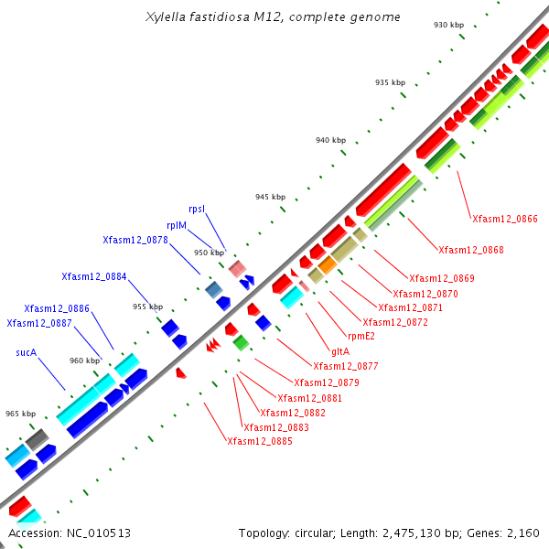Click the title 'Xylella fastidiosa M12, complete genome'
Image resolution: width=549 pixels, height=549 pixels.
[273, 17]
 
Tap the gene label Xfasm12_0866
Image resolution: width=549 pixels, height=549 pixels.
[504, 219]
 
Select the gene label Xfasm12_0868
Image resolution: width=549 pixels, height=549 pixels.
[470, 250]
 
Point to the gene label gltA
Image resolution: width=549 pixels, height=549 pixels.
[339, 351]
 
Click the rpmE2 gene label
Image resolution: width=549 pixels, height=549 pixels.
[361, 336]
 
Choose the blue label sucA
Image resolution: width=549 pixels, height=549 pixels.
[26, 351]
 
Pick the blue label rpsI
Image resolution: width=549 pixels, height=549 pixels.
[197, 209]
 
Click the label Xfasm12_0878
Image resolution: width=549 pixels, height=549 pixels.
[135, 240]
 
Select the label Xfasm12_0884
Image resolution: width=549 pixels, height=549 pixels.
[93, 276]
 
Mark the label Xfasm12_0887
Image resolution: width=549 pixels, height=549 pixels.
[38, 323]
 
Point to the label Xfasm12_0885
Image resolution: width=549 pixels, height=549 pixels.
[260, 441]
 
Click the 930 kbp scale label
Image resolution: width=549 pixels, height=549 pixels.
[447, 25]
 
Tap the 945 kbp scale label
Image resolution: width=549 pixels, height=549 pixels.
[270, 197]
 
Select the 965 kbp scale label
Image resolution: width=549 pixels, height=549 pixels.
[21, 414]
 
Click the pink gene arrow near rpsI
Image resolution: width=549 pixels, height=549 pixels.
[238, 268]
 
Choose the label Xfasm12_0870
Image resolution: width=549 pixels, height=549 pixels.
[425, 294]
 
